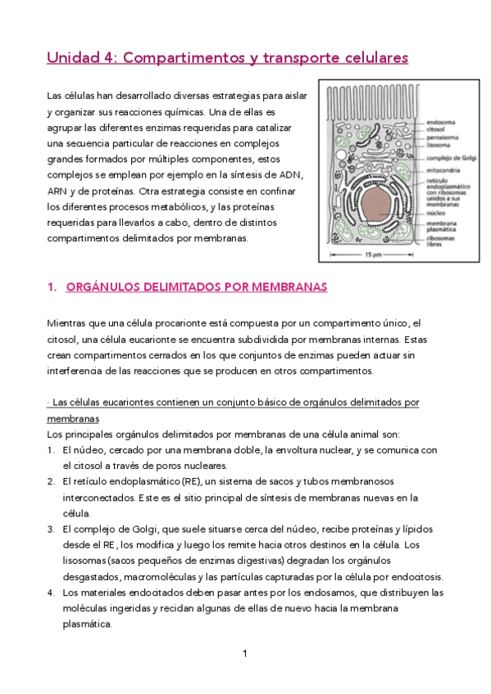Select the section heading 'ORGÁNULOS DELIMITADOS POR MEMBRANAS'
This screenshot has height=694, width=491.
pos(196,287)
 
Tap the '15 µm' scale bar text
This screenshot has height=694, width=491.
pos(375,255)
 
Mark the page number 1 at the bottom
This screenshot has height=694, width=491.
pos(245,654)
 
